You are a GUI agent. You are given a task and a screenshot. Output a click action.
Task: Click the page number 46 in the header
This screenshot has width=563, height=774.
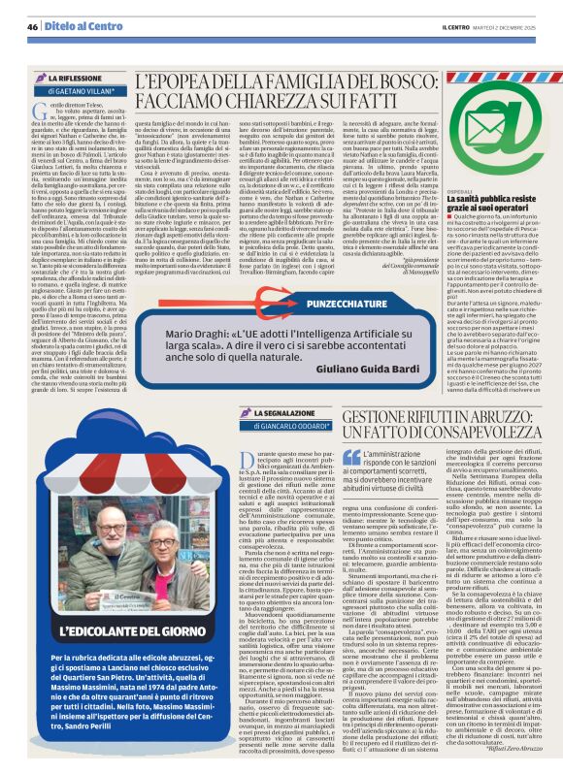32,26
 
